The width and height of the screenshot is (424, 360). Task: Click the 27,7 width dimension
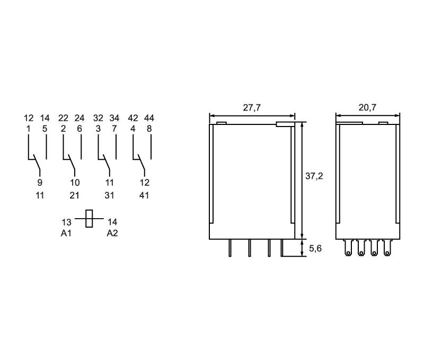[x=251, y=107]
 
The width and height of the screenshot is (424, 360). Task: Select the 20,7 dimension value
[x=367, y=107]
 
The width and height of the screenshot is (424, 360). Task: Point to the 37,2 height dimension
[x=314, y=176]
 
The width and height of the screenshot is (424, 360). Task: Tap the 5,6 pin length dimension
[x=315, y=248]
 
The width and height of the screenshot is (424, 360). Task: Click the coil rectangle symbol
[x=89, y=219]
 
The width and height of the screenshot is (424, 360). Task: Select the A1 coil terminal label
[x=66, y=233]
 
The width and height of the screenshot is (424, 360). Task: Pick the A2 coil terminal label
[x=112, y=233]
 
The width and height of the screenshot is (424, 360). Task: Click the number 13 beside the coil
[x=66, y=222]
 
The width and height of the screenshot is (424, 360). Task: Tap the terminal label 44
[x=149, y=118]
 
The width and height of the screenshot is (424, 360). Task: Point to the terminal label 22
[x=63, y=118]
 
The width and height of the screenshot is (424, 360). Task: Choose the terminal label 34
[x=114, y=118]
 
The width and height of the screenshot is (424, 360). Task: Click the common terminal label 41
[x=144, y=195]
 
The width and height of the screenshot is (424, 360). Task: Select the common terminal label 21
[x=74, y=195]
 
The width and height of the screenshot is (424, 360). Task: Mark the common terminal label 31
[x=109, y=195]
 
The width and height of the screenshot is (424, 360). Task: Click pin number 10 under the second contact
[x=75, y=183]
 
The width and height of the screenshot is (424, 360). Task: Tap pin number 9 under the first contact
[x=40, y=183]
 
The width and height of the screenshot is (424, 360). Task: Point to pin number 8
[x=149, y=129]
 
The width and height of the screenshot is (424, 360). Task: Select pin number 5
[x=45, y=129]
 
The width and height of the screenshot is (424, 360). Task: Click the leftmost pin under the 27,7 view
[x=230, y=248]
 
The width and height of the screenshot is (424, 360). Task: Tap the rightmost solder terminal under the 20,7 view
[x=387, y=248]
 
